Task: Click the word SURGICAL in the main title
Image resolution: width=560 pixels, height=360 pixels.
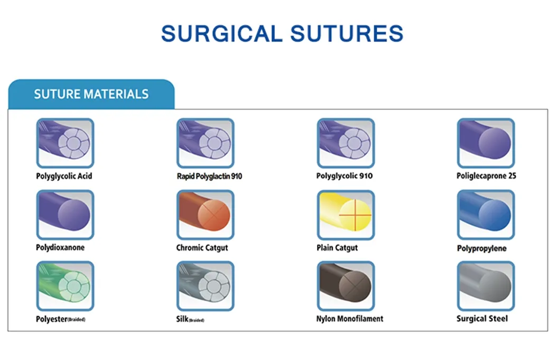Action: pos(221,34)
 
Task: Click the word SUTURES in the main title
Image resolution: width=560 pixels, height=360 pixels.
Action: pos(346,34)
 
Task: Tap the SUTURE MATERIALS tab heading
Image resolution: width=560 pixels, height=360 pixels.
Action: pos(91,95)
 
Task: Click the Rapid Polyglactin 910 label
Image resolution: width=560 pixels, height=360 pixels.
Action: pos(209,176)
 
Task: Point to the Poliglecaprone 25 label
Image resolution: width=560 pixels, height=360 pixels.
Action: pos(486,176)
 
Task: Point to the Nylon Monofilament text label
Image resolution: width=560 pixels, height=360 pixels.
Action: pos(350,319)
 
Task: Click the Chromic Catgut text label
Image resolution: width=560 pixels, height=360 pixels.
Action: pos(202,247)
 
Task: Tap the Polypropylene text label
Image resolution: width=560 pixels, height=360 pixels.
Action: pos(481,248)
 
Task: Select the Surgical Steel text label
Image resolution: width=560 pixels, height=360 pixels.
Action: pos(482,319)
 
